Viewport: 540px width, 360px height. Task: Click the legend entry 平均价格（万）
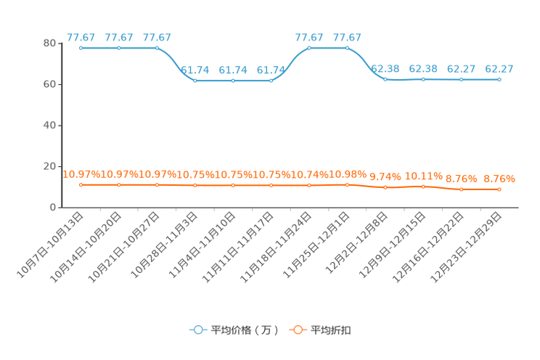tap(234, 330)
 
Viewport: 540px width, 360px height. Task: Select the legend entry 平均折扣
tap(320, 330)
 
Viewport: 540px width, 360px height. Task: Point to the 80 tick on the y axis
tap(49, 43)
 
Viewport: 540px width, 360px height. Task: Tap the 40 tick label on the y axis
tap(49, 126)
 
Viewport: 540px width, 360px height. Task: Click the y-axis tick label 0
tap(53, 208)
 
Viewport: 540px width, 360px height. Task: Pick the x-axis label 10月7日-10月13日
tap(50, 245)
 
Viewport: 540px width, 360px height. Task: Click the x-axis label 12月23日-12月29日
tap(466, 247)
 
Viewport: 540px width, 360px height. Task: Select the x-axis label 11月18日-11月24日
tap(276, 247)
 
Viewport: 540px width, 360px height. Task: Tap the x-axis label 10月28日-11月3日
tap(164, 245)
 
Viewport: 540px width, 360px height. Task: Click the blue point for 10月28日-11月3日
tap(195, 81)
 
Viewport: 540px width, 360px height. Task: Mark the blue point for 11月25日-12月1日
tap(347, 48)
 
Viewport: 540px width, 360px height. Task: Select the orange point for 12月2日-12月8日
tap(385, 187)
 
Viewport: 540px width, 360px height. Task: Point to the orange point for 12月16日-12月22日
tap(462, 189)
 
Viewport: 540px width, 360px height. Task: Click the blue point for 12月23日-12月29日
tap(499, 80)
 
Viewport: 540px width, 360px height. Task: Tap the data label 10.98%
tap(348, 174)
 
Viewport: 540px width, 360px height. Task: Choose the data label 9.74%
tap(385, 176)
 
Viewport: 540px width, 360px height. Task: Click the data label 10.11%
tap(424, 176)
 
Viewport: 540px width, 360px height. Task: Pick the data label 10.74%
tap(309, 175)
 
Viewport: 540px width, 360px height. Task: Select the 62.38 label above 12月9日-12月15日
tap(423, 69)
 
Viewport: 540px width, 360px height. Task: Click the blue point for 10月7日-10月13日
tap(81, 48)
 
